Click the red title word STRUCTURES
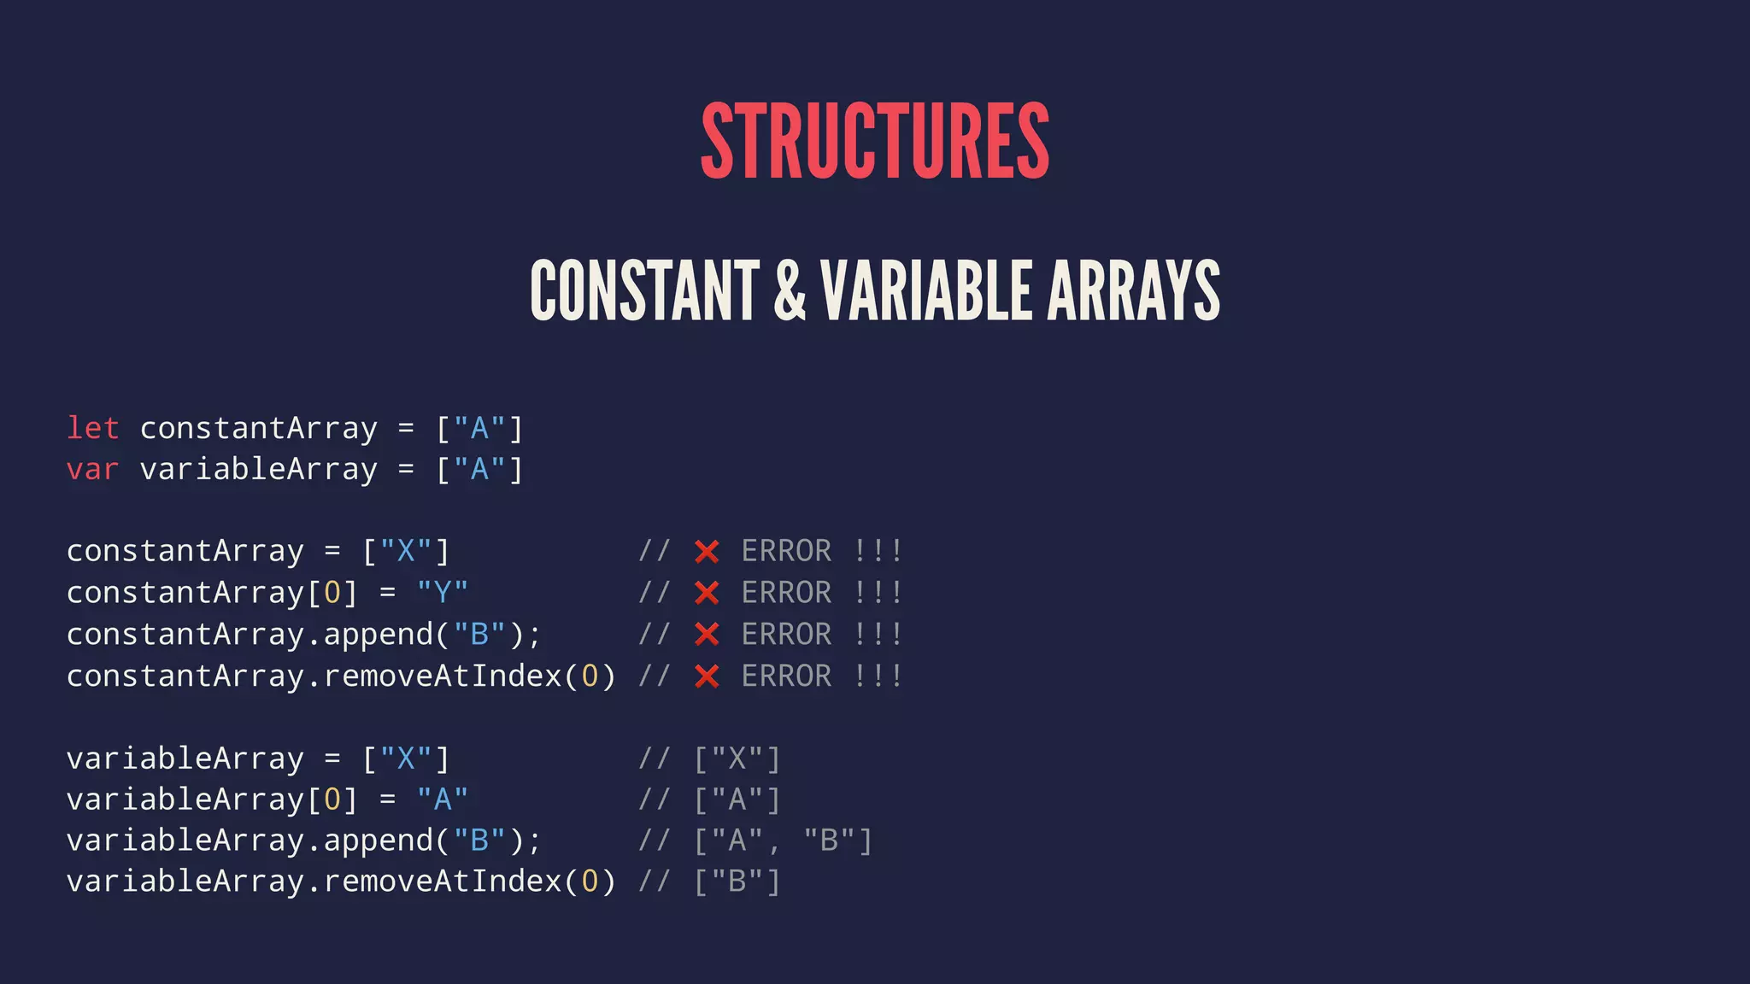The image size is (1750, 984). (875, 141)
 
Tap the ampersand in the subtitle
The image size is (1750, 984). (790, 290)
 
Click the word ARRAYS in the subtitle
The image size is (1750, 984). (1133, 290)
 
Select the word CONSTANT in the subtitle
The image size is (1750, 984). (645, 290)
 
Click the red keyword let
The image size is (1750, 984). (93, 428)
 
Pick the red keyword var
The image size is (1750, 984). (93, 469)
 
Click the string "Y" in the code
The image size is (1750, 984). (443, 592)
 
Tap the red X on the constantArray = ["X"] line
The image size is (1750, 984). (707, 552)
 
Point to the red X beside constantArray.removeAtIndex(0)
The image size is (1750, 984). (707, 676)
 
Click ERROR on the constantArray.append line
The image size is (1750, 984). (786, 634)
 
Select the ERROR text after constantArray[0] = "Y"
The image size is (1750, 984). (786, 592)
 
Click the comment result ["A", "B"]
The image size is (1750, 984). (783, 840)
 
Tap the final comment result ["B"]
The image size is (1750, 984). (737, 881)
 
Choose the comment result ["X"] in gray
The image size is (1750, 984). (737, 758)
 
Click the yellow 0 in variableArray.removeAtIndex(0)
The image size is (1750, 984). (590, 881)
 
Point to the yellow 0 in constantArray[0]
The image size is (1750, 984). (332, 592)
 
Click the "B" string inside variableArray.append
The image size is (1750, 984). (479, 840)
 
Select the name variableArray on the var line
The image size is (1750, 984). (258, 469)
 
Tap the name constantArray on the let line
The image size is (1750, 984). (258, 428)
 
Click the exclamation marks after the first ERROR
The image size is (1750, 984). (878, 552)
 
